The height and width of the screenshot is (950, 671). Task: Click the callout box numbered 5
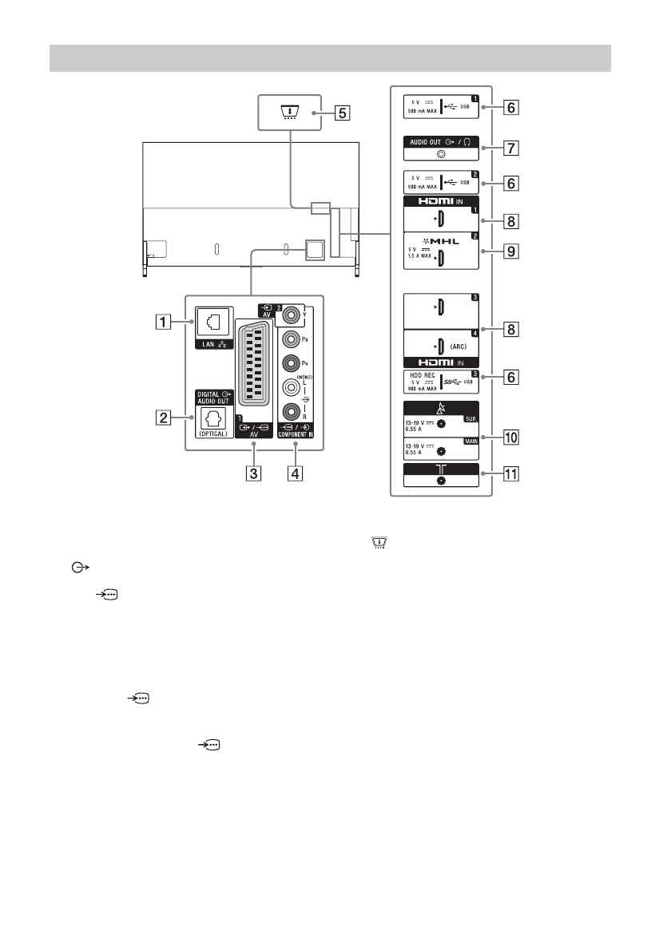[x=341, y=113]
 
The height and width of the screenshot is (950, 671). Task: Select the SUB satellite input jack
[x=441, y=424]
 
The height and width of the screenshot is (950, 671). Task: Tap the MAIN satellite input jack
[x=441, y=450]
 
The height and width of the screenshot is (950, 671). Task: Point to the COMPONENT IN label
[x=294, y=448]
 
